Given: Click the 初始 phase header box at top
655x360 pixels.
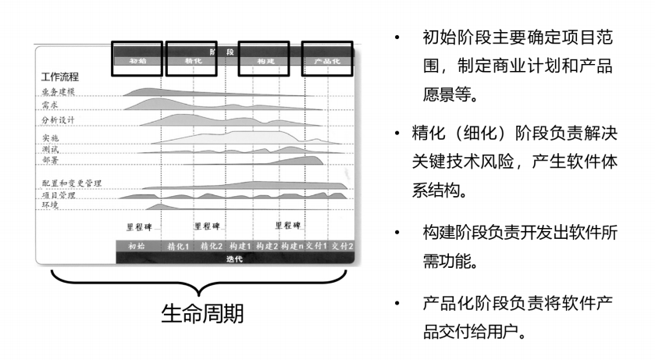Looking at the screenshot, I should (137, 59).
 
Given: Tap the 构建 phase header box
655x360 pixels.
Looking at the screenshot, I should (267, 59).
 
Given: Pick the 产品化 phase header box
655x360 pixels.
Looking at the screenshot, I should (327, 59).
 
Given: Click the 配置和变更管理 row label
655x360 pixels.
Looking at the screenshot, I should (70, 183).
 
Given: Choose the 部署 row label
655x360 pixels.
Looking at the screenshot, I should (50, 159).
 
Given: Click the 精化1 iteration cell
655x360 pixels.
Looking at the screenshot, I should (179, 246).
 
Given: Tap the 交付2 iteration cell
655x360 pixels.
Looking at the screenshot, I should (342, 246).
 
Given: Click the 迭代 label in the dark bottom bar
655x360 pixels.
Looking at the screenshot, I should (234, 258).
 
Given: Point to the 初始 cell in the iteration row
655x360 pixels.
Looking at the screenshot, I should (137, 246).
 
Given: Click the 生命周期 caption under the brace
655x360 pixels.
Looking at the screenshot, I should (201, 314).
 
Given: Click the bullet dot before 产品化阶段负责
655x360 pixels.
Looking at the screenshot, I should (399, 302).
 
